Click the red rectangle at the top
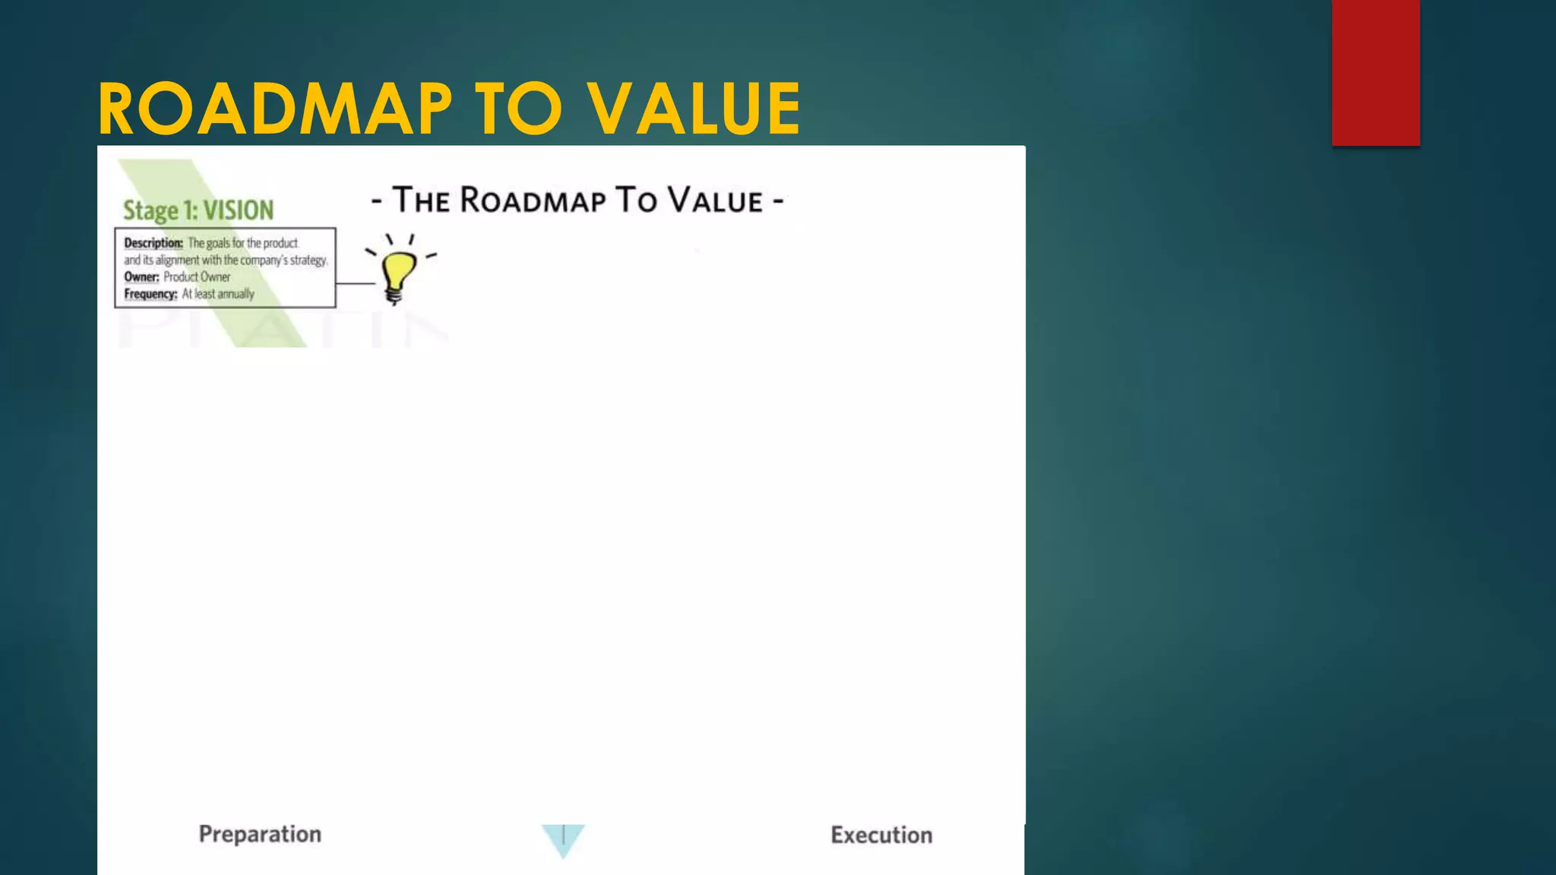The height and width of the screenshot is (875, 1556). coord(1375,72)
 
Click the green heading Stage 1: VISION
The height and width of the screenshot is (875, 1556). coord(198,210)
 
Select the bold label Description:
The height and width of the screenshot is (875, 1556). coord(153,243)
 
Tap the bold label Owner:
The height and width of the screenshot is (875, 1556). coord(141,277)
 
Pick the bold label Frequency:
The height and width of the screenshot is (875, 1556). coord(150,294)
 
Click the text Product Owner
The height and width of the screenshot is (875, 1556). coord(197,277)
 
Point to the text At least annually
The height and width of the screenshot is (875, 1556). coord(218,294)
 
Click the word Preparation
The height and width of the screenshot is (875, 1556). coord(260,834)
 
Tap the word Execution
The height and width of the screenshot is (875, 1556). coord(881,835)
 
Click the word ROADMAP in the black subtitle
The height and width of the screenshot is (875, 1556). coord(533,201)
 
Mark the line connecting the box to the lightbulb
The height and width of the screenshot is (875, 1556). coord(356,283)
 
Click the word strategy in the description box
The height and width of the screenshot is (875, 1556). coord(308,261)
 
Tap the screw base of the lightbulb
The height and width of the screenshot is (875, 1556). coord(394,295)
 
